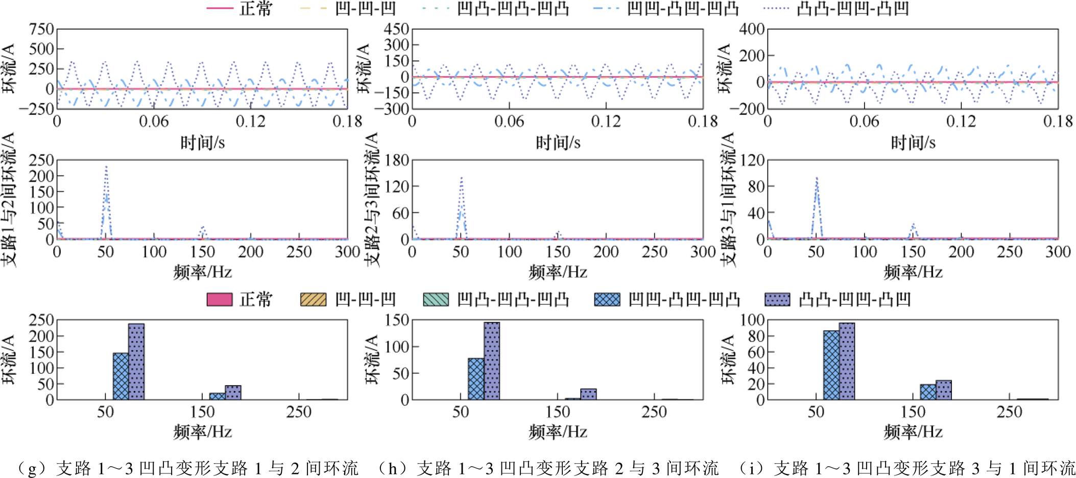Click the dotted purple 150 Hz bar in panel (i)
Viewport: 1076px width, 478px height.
click(x=943, y=390)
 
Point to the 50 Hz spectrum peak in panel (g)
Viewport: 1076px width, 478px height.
click(x=106, y=169)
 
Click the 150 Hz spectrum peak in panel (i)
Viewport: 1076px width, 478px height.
click(x=913, y=225)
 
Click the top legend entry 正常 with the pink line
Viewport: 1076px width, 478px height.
click(x=240, y=9)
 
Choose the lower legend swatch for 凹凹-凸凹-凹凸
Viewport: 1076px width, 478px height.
click(x=607, y=299)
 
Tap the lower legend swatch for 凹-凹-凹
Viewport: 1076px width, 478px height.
click(x=313, y=299)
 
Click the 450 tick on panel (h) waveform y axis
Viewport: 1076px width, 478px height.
click(x=397, y=30)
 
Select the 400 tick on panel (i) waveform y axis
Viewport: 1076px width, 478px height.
click(x=752, y=30)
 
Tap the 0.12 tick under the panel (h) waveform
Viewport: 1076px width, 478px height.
click(x=606, y=122)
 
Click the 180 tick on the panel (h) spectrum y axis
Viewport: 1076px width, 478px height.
click(x=397, y=161)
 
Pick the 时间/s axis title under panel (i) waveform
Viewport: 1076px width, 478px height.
click(x=913, y=142)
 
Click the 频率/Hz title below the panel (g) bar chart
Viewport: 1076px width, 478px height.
click(x=202, y=432)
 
